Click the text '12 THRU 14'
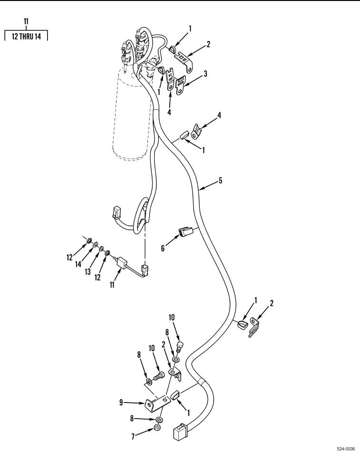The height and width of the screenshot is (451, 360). tap(26, 37)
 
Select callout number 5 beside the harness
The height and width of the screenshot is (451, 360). tap(221, 180)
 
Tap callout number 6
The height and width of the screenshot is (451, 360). tap(163, 248)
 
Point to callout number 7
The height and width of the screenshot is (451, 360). tap(133, 437)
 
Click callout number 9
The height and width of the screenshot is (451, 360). tap(121, 403)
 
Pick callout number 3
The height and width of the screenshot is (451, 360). tap(205, 74)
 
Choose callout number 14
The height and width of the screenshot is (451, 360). tap(78, 264)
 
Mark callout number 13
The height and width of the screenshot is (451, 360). tap(88, 271)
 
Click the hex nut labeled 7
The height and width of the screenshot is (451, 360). tap(157, 427)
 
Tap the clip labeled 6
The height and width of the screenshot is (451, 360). tap(185, 231)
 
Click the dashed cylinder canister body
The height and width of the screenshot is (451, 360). tap(132, 115)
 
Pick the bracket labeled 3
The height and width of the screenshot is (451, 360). tap(180, 86)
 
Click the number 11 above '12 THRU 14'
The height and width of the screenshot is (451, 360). tap(26, 21)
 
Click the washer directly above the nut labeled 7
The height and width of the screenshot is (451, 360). tap(159, 419)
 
